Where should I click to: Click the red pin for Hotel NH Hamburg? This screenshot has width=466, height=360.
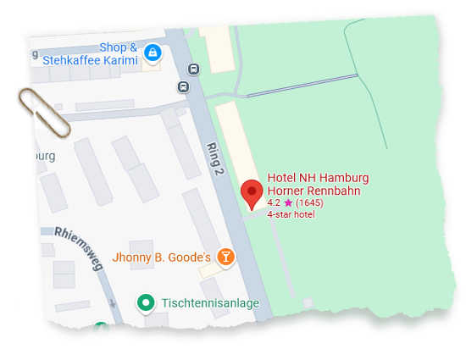[252, 193]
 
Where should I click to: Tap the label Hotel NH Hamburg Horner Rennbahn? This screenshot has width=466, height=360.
[318, 184]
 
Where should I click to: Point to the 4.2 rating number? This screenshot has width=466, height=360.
[274, 203]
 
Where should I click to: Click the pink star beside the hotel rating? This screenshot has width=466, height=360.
[288, 203]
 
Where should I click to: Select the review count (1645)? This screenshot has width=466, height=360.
[309, 203]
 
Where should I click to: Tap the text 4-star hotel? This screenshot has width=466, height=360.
[291, 214]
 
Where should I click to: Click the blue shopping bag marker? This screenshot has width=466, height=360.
[152, 53]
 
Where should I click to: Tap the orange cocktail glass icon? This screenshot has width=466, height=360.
[225, 256]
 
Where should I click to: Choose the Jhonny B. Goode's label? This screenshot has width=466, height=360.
[161, 257]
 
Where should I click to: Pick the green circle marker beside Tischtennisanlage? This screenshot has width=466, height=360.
[146, 302]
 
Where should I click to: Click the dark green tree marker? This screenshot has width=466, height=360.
[103, 330]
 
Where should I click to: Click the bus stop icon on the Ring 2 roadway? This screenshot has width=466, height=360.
[195, 69]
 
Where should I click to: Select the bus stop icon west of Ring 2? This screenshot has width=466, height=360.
[184, 86]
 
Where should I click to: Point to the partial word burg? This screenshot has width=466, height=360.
[42, 156]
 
